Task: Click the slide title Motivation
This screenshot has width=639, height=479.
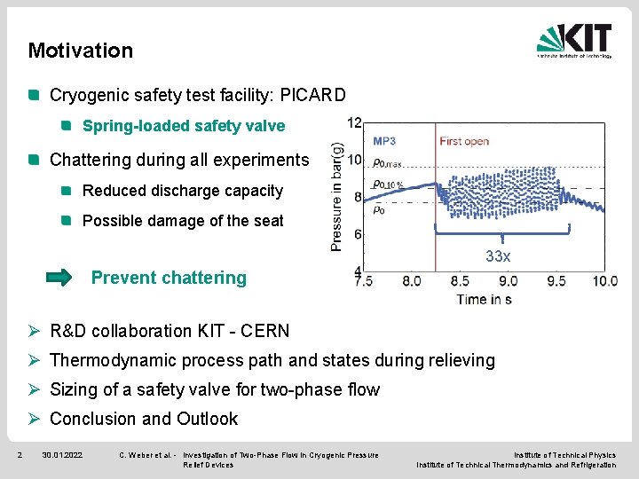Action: pos(80,51)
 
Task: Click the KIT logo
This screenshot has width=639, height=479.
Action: pos(574,40)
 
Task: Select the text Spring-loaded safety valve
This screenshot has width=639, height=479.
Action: pos(184,126)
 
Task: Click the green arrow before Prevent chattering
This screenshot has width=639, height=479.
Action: pos(59,278)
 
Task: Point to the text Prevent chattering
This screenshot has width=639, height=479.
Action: pos(169,278)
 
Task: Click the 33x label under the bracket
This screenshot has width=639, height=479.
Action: pos(498,256)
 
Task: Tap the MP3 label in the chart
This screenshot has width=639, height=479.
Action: pos(384,141)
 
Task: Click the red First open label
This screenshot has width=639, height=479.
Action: pos(464,141)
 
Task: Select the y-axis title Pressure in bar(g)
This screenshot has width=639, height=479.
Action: pos(337,197)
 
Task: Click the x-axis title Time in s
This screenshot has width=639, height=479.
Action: pos(484,299)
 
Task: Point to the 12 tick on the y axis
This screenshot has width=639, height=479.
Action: pos(354,122)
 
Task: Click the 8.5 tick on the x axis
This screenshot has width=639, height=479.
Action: pos(460,281)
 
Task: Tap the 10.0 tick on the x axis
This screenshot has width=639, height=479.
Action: pos(604,281)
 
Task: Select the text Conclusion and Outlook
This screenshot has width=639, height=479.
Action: pos(144,419)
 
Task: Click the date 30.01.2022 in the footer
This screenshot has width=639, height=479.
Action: pos(62,455)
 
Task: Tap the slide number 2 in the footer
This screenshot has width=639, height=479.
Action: pos(20,455)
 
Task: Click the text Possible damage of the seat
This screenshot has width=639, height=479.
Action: pos(183,221)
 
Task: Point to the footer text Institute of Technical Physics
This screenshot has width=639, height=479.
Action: pos(564,455)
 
